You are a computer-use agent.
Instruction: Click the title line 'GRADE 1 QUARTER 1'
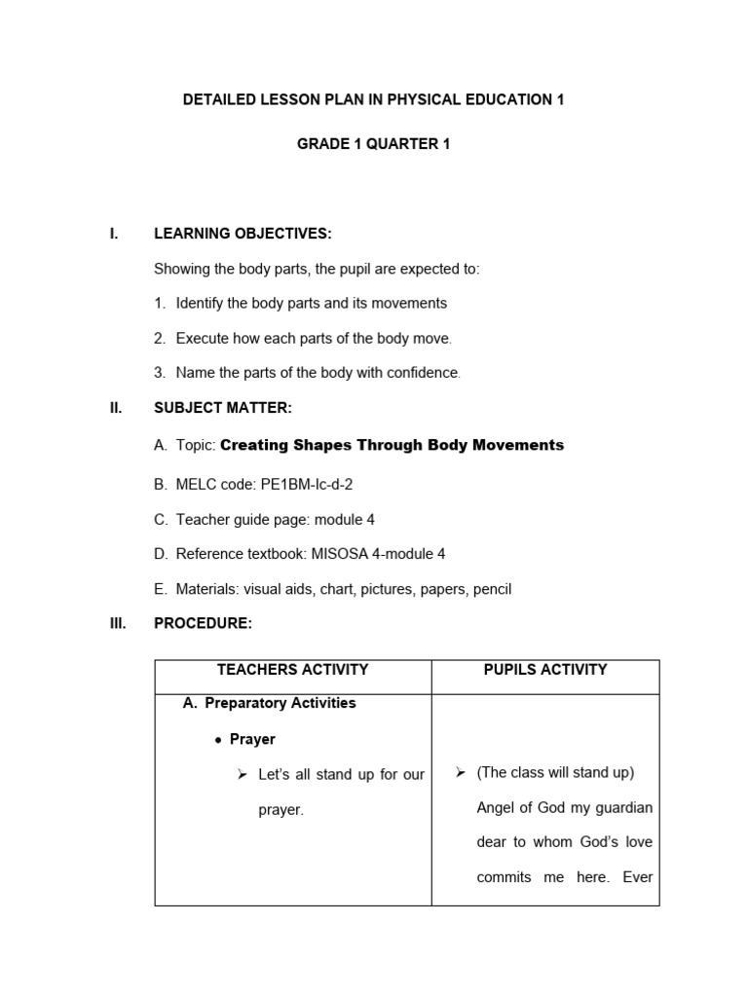pyautogui.click(x=373, y=144)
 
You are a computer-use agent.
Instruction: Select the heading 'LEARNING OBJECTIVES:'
pyautogui.click(x=243, y=234)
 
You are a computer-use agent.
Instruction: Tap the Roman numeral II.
pyautogui.click(x=115, y=409)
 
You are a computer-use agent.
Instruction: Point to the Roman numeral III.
pyautogui.click(x=117, y=623)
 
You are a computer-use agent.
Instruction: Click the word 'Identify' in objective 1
pyautogui.click(x=201, y=304)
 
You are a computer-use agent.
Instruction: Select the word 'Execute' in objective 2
pyautogui.click(x=202, y=339)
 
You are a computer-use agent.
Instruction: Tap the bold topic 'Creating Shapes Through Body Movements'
pyautogui.click(x=392, y=445)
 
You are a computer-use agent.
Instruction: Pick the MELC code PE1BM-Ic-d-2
pyautogui.click(x=307, y=484)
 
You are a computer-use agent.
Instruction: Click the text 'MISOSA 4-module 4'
pyautogui.click(x=378, y=554)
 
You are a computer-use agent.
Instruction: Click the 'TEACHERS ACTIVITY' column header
pyautogui.click(x=292, y=670)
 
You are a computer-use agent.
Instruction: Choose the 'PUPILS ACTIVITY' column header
pyautogui.click(x=545, y=670)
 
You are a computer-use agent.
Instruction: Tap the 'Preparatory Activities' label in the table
pyautogui.click(x=280, y=703)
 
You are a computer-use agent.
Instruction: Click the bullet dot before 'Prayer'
pyautogui.click(x=218, y=740)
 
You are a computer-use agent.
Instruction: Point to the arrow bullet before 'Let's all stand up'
pyautogui.click(x=243, y=775)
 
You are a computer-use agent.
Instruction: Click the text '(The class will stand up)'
pyautogui.click(x=555, y=773)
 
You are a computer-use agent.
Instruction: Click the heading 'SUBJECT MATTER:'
pyautogui.click(x=223, y=409)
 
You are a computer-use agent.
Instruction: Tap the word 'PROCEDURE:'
pyautogui.click(x=204, y=623)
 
